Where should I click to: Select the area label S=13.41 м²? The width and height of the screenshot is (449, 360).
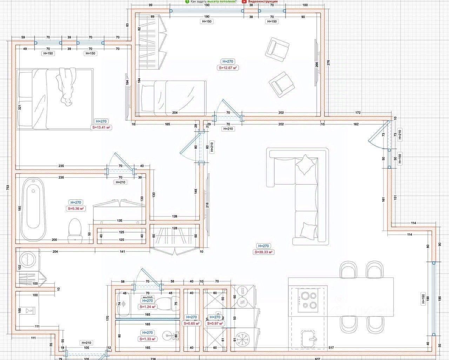point(101,128)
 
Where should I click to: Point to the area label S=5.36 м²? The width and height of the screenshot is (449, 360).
point(76,209)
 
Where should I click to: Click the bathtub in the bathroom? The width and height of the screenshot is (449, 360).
point(33,209)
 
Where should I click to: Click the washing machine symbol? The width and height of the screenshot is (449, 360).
point(27,259)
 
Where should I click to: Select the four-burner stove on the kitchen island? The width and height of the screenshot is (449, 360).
point(308,300)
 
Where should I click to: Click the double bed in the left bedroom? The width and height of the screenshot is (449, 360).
point(54,98)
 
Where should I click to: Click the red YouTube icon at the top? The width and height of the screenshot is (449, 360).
point(244,1)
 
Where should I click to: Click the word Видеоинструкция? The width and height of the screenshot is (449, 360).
point(263,1)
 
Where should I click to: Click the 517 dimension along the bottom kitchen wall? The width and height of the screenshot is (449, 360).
point(331,348)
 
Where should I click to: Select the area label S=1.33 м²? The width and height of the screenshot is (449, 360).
point(148,339)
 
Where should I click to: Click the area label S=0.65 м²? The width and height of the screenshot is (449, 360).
point(192,324)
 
